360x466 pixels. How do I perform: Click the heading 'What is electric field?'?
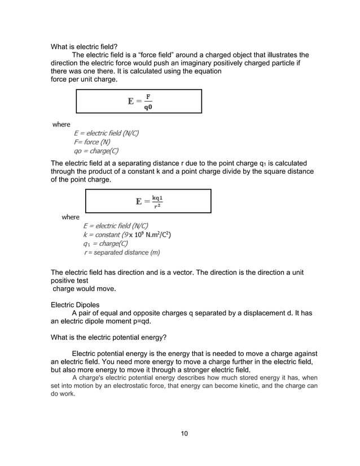84,46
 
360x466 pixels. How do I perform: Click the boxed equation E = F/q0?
139,102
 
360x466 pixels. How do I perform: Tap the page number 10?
184,433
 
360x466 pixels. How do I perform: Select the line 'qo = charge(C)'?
96,151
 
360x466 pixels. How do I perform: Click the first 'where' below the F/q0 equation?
61,124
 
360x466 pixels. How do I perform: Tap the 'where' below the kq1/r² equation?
71,217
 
